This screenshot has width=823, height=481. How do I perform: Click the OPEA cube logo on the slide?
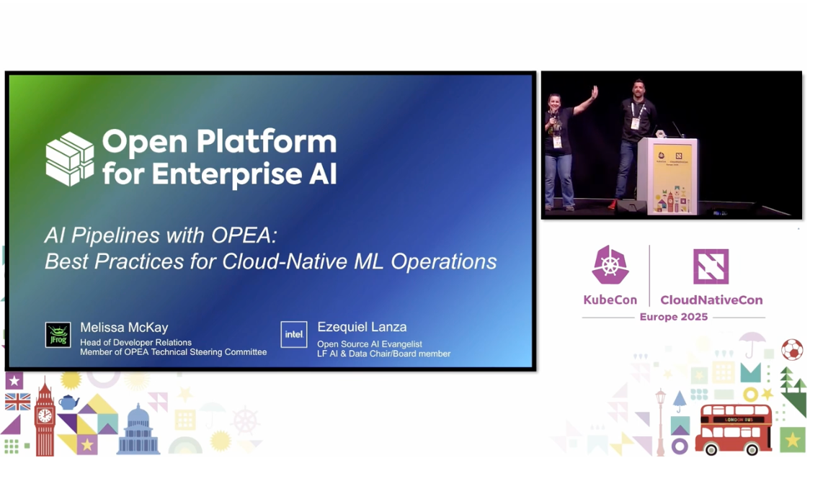click(x=70, y=158)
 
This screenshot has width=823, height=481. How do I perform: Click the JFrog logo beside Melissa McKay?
click(x=58, y=335)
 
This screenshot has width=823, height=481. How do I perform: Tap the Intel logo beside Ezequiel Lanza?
click(x=294, y=334)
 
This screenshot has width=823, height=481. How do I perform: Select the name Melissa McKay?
click(x=123, y=327)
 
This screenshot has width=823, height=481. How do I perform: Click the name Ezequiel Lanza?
click(x=362, y=327)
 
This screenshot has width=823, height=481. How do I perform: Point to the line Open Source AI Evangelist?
click(x=369, y=344)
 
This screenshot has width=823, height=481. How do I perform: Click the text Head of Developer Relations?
click(x=135, y=343)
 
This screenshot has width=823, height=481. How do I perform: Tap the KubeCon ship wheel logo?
click(x=610, y=265)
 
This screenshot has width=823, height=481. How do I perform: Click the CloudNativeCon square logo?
click(x=711, y=266)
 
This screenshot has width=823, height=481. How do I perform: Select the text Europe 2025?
click(x=674, y=317)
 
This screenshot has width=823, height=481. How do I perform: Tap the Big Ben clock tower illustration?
click(x=45, y=418)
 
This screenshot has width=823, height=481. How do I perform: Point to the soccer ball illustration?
click(x=791, y=350)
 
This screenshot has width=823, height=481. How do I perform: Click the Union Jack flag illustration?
click(x=17, y=402)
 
